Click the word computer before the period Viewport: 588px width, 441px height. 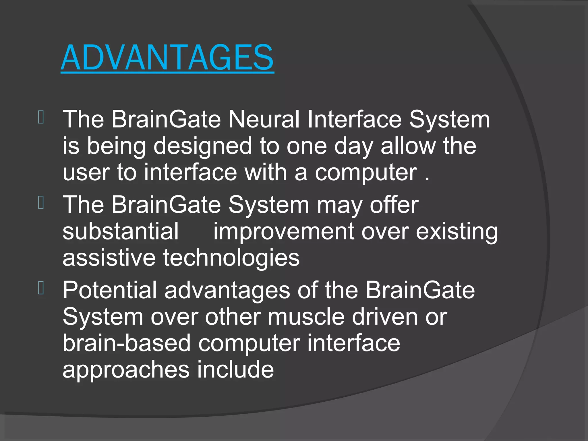click(x=366, y=173)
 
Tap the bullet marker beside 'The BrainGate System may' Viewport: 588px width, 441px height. click(x=41, y=203)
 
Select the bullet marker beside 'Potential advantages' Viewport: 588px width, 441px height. click(x=41, y=288)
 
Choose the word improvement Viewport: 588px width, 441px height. click(x=283, y=232)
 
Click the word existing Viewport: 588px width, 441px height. click(x=457, y=232)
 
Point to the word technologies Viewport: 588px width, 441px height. click(x=231, y=258)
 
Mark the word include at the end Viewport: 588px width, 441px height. click(x=235, y=370)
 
